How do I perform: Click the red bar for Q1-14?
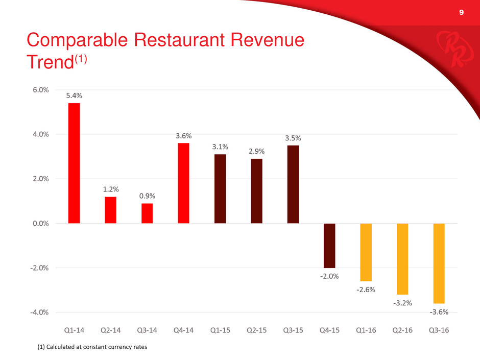[x=74, y=163]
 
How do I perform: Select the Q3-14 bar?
[x=147, y=213]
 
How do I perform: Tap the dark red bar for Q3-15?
[x=293, y=184]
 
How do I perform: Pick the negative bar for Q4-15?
[x=329, y=246]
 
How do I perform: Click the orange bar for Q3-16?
[x=439, y=263]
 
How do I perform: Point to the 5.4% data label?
[x=74, y=95]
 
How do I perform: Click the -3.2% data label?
[x=402, y=303]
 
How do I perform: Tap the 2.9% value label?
[x=256, y=152]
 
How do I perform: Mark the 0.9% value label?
[x=147, y=196]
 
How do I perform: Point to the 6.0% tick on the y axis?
[x=39, y=90]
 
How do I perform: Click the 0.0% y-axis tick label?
[x=39, y=223]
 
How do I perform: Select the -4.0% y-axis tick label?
[x=38, y=312]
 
